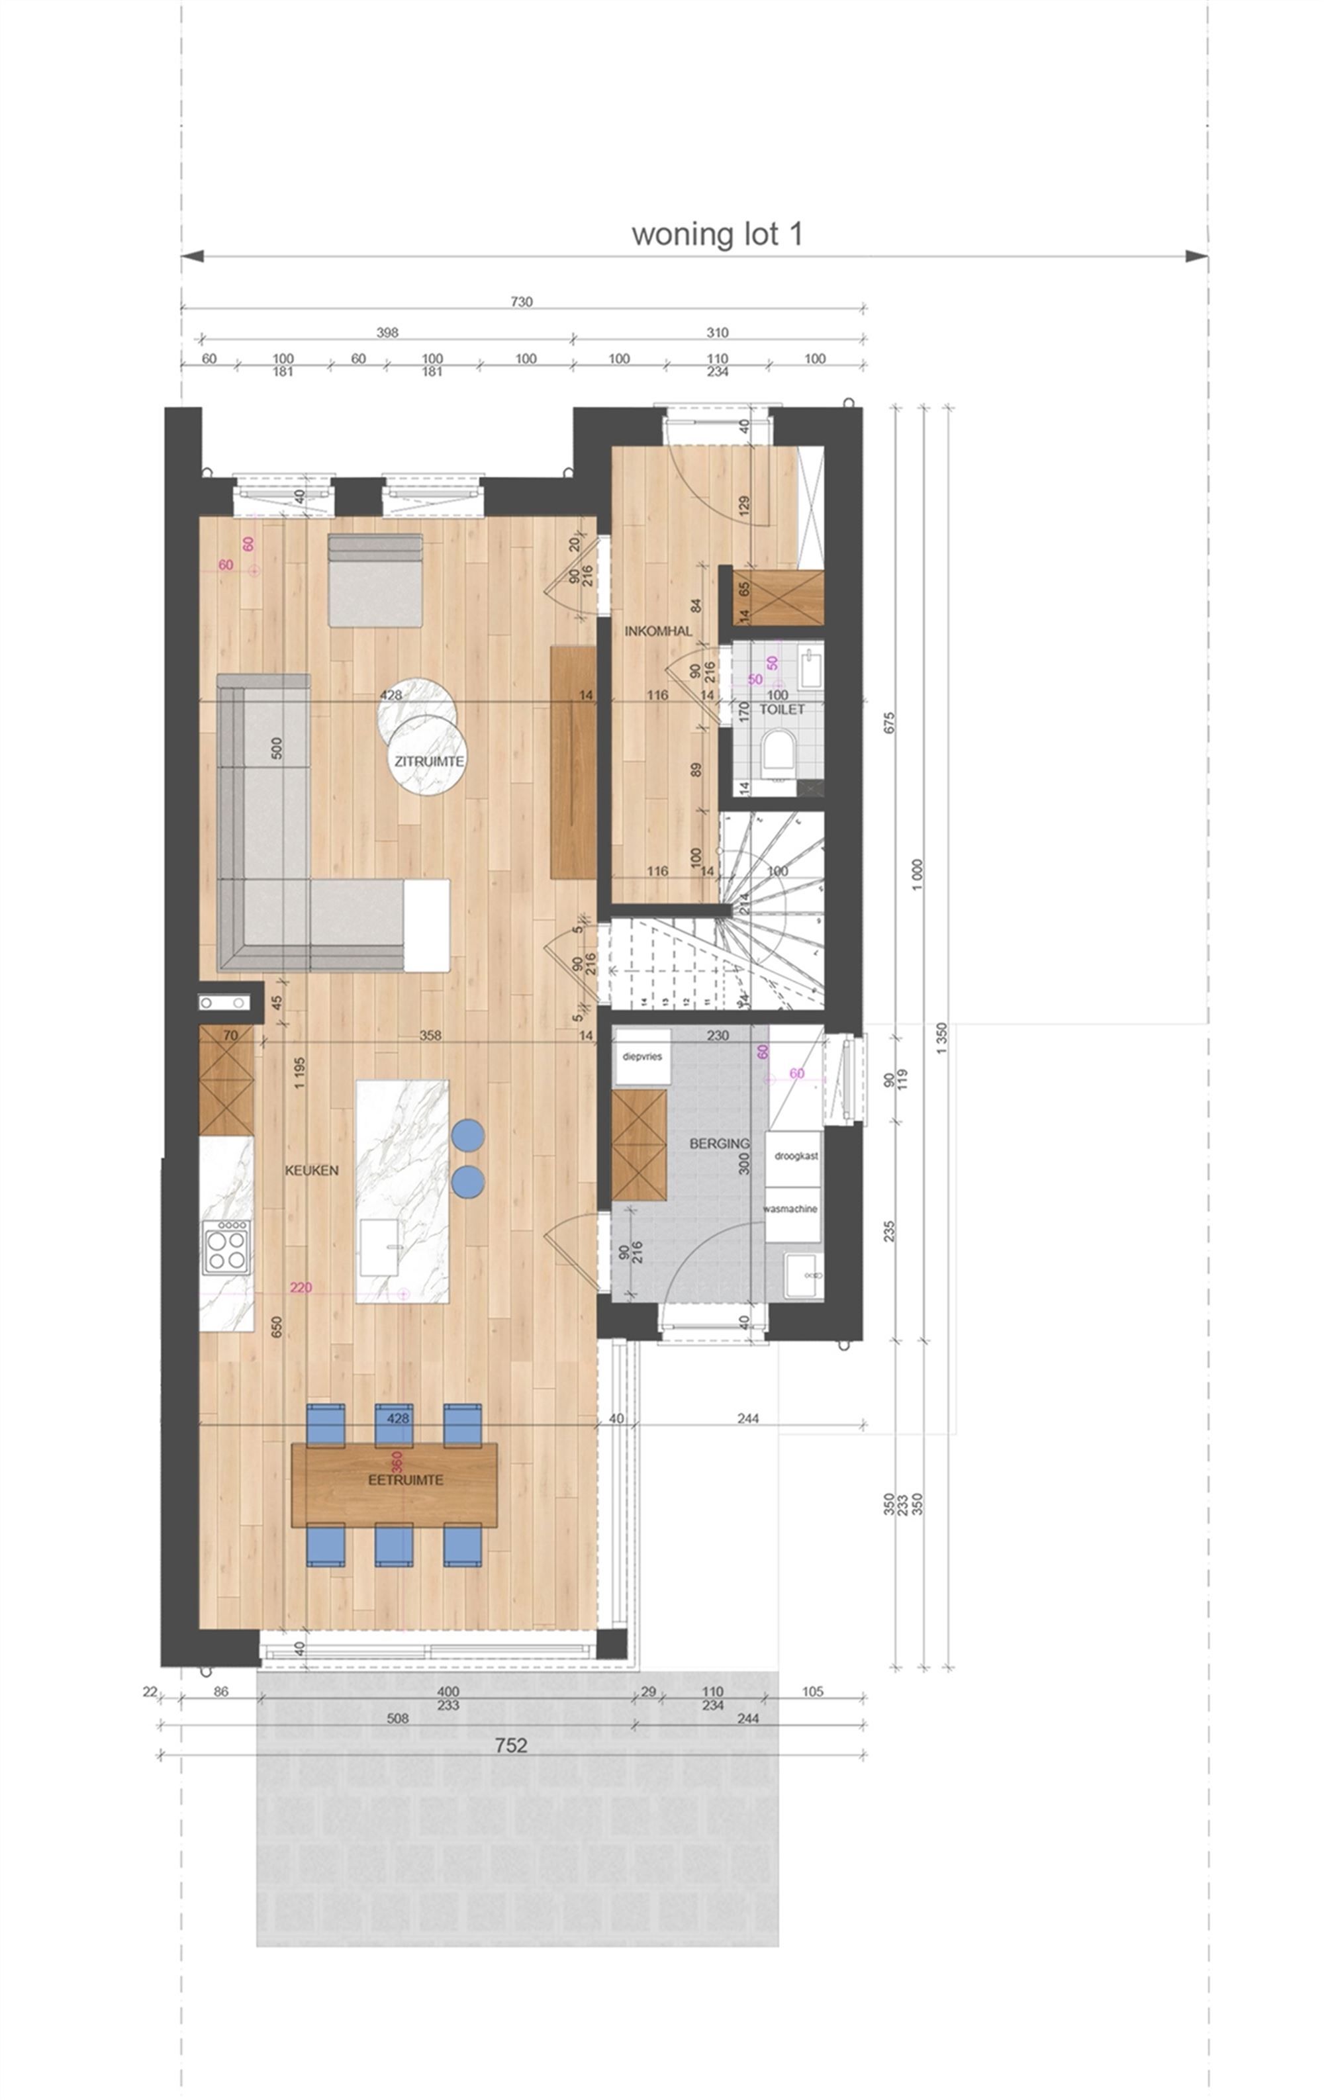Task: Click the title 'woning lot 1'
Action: coord(716,234)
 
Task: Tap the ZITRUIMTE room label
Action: coord(429,760)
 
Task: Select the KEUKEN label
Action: coord(311,1170)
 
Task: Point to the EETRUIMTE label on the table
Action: coord(393,1480)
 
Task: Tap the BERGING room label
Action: coord(719,1143)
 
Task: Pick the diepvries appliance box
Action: coord(642,1056)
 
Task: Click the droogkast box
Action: coord(796,1156)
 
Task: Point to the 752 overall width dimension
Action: coord(510,1745)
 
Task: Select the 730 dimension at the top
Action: coord(521,302)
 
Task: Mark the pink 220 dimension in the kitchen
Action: coord(301,1287)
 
